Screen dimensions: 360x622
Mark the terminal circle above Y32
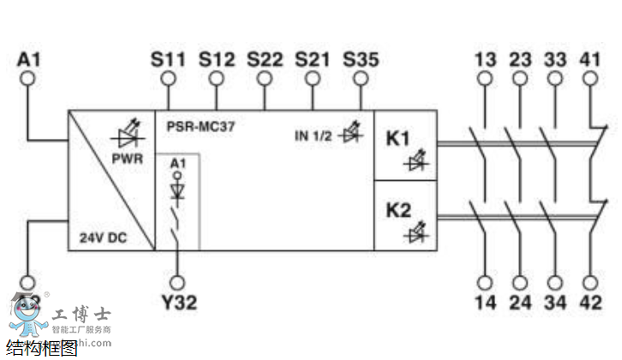[x=179, y=281]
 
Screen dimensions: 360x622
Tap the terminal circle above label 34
[x=555, y=281]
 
